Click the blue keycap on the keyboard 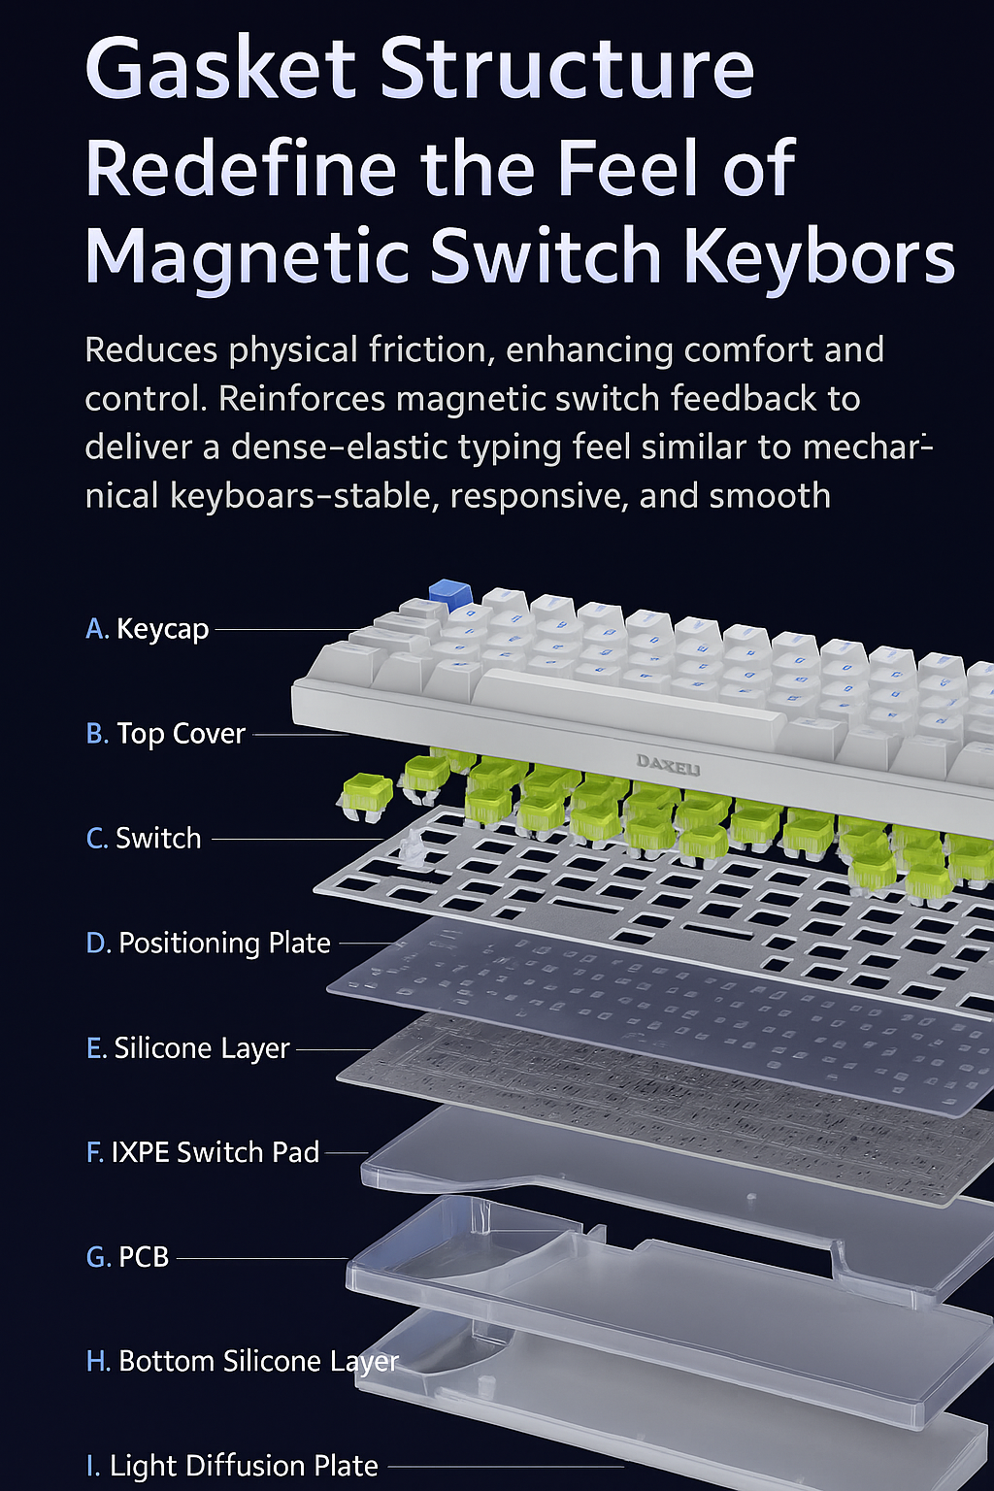(450, 595)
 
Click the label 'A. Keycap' (148, 629)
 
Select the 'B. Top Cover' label (166, 734)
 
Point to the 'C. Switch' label (144, 838)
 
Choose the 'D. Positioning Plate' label (209, 944)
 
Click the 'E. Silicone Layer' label (187, 1048)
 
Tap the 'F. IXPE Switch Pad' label (203, 1153)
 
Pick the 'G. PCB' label (127, 1257)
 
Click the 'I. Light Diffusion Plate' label (232, 1466)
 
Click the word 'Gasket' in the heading (220, 68)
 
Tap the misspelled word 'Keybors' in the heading (819, 257)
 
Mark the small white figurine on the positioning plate (414, 849)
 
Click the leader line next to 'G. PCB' (262, 1259)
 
